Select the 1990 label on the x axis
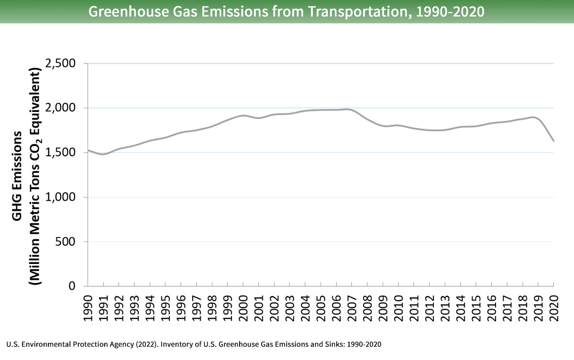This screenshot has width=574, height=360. click(88, 303)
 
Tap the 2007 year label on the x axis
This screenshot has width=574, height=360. click(352, 303)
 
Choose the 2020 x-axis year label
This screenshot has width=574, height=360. click(554, 303)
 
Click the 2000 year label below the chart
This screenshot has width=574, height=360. click(243, 303)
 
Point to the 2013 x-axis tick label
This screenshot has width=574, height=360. click(445, 303)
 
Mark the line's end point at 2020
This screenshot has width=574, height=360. click(553, 141)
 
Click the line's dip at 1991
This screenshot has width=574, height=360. click(103, 154)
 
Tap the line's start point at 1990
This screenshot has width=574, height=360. click(88, 151)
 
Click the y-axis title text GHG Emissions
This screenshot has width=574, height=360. click(17, 176)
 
